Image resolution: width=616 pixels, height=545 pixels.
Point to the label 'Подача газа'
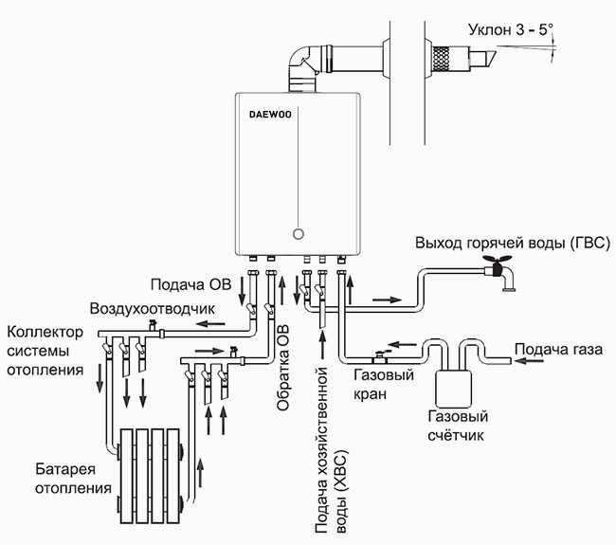[558, 349]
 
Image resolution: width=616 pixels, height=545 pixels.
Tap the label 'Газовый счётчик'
[453, 426]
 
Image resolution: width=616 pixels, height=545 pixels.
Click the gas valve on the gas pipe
[380, 356]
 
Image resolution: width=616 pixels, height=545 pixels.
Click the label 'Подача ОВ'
[190, 283]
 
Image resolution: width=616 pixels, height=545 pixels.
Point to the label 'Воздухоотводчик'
[153, 309]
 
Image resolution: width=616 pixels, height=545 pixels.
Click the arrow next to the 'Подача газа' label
[498, 358]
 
